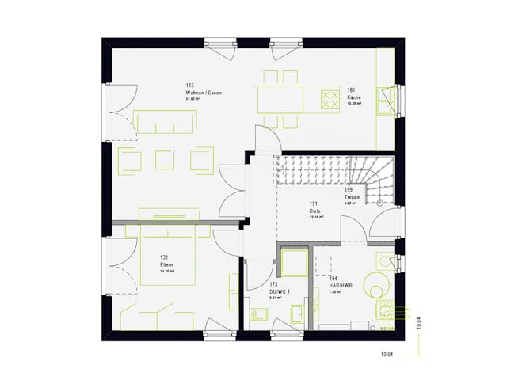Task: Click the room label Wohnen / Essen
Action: point(203,93)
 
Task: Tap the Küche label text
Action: point(353,97)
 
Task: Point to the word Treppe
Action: point(352,197)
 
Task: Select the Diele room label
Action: point(314,211)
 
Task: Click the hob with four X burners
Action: point(329,99)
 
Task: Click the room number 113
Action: point(190,85)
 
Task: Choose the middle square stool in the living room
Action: point(166,160)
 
